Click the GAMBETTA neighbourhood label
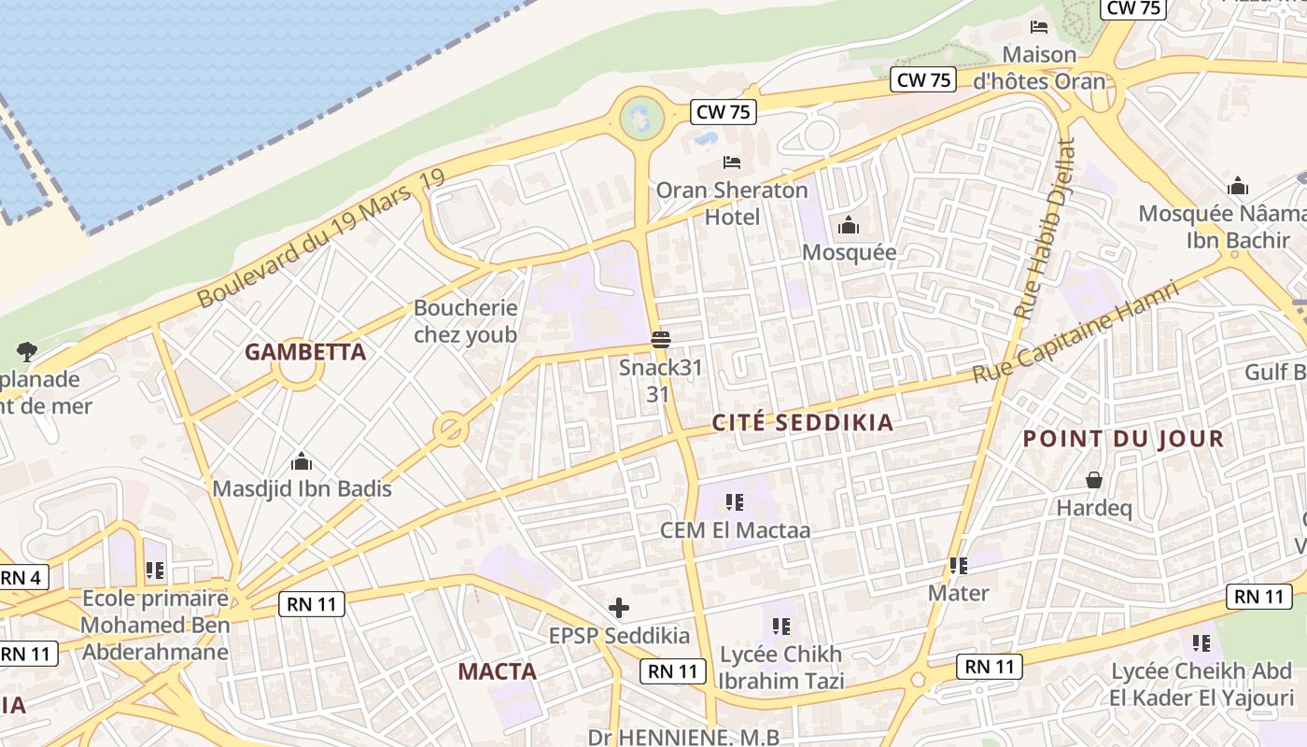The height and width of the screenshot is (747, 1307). coord(305,352)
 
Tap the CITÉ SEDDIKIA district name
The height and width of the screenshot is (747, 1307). coord(803,423)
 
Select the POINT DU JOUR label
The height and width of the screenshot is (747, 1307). coord(1123,439)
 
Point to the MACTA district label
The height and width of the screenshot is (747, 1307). coord(497,671)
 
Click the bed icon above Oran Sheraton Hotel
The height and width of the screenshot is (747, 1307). coord(732,163)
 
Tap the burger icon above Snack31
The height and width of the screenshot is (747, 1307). coord(661,339)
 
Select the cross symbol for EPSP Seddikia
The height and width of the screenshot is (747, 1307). coord(618,609)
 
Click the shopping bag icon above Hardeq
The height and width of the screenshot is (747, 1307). coord(1093,481)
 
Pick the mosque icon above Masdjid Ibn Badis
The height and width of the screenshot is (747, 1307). coord(302,461)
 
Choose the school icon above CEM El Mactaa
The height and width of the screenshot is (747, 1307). coord(735,503)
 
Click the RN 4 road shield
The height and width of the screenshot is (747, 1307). coord(21,578)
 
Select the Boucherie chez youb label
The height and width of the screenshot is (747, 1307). coord(465,321)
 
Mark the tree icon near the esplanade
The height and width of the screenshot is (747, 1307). coord(27,352)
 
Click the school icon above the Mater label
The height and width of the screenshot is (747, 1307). coord(958,566)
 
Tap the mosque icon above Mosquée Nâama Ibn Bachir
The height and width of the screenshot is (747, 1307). coord(1238,187)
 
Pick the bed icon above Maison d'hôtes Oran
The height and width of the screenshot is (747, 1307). coord(1039,26)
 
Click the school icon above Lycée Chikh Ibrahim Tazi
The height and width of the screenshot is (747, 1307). coord(781,627)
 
